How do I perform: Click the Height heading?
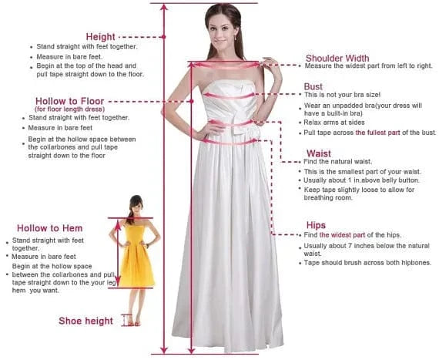click(x=101, y=37)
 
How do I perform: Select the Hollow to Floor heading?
click(x=70, y=101)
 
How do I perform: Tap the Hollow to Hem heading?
click(x=50, y=229)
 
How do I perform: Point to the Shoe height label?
click(x=86, y=321)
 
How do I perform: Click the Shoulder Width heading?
click(x=337, y=58)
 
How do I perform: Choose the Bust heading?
click(x=313, y=86)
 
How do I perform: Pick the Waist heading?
click(x=319, y=153)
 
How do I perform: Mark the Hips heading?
click(x=315, y=225)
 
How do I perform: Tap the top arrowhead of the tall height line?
click(x=164, y=6)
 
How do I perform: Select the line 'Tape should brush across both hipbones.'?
click(x=367, y=263)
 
